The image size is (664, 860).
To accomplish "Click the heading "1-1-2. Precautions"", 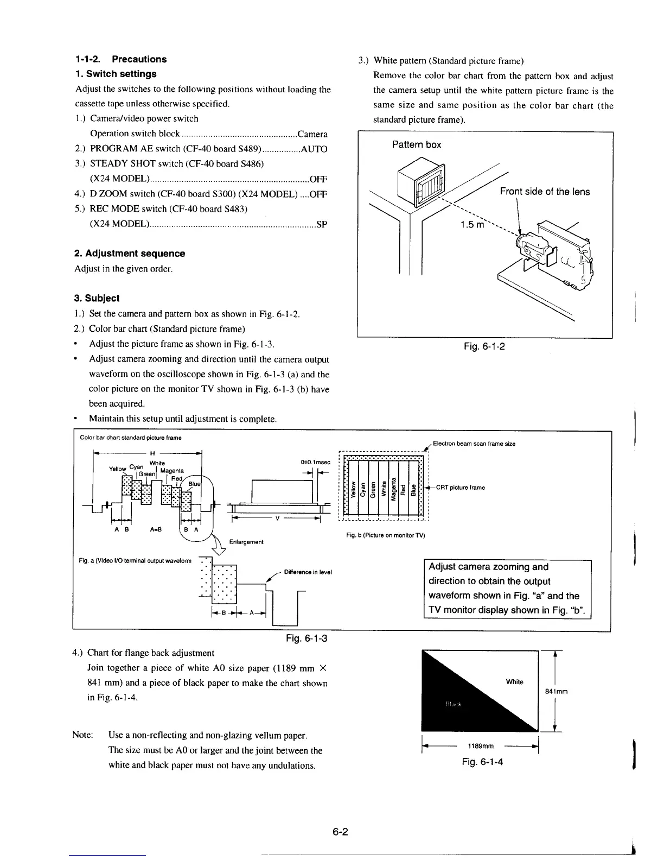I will point(120,59).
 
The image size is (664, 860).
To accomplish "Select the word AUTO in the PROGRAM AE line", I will point(314,149).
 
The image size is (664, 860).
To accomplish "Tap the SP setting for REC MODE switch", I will point(321,224).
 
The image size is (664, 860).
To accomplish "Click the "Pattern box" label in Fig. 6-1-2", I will point(416,144).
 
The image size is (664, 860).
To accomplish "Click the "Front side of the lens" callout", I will point(545,192).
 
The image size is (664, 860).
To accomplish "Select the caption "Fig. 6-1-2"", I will point(484,346).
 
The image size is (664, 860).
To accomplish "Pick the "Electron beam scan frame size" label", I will point(474,444).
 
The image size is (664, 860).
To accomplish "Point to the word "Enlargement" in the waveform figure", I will point(246,541).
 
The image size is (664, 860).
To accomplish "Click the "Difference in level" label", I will point(308,572).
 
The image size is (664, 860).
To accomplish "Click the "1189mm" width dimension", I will point(480,745).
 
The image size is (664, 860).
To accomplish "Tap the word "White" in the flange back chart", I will point(514,682).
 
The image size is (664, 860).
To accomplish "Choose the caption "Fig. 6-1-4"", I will point(482,762).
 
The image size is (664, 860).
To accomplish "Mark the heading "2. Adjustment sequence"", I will point(130,254).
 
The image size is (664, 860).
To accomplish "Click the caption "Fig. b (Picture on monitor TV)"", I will point(385,535).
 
